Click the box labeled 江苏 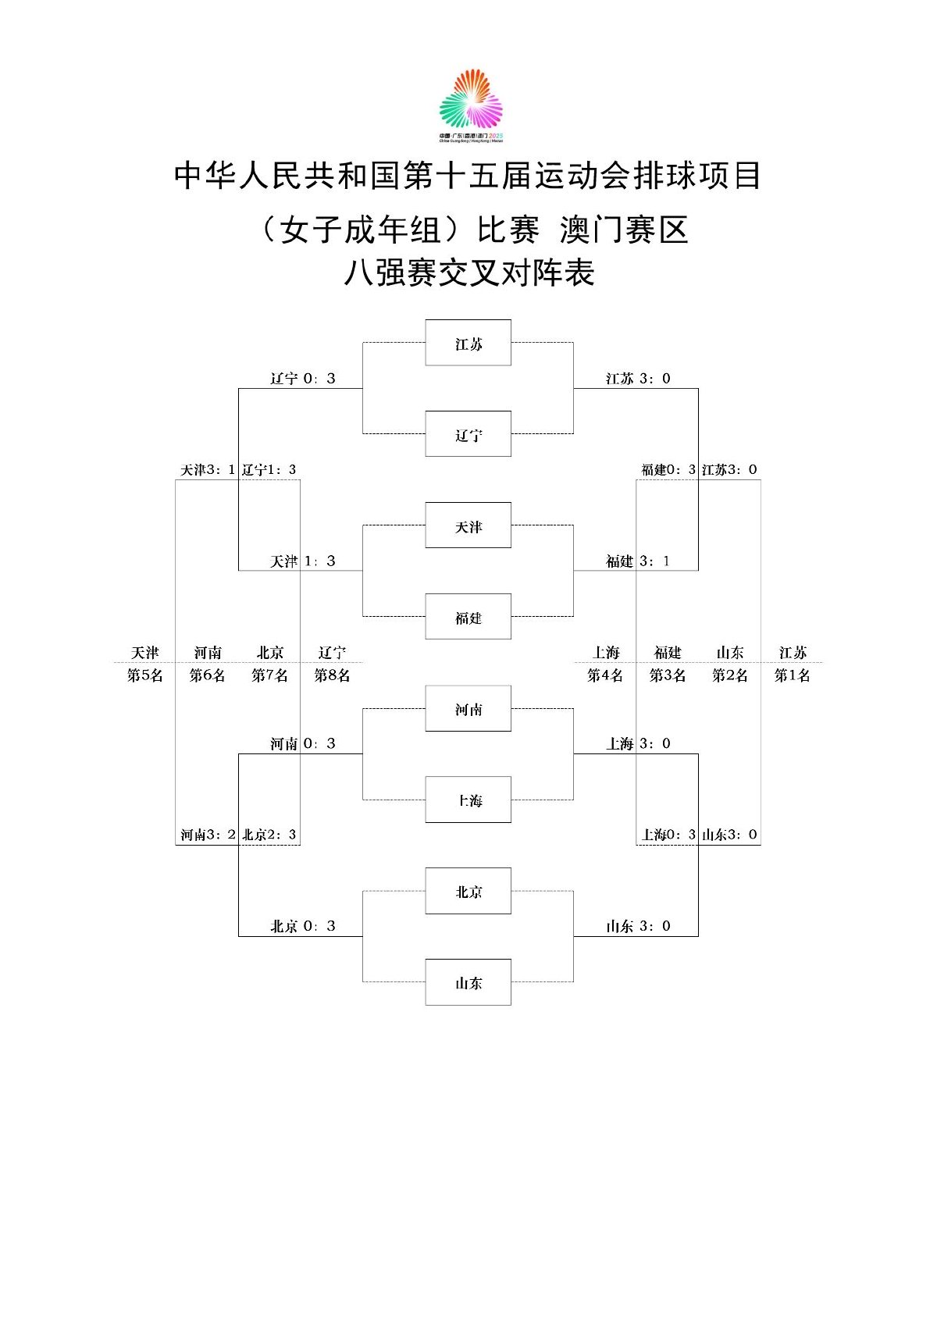[x=468, y=343]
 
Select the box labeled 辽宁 [x=468, y=433]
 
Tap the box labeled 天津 [x=468, y=525]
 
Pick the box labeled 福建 [x=468, y=616]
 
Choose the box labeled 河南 [x=468, y=709]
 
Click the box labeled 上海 [x=468, y=800]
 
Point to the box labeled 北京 [x=468, y=891]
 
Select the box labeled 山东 [x=468, y=982]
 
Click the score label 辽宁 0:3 [x=303, y=379]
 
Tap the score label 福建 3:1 [x=638, y=561]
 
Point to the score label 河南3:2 [x=208, y=835]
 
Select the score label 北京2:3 [x=269, y=835]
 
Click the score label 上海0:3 [x=668, y=835]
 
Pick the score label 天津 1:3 [x=303, y=561]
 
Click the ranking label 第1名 [x=792, y=675]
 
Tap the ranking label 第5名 [x=145, y=675]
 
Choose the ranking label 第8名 [x=332, y=675]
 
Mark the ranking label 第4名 [x=605, y=675]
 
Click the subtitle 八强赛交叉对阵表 [x=469, y=273]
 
